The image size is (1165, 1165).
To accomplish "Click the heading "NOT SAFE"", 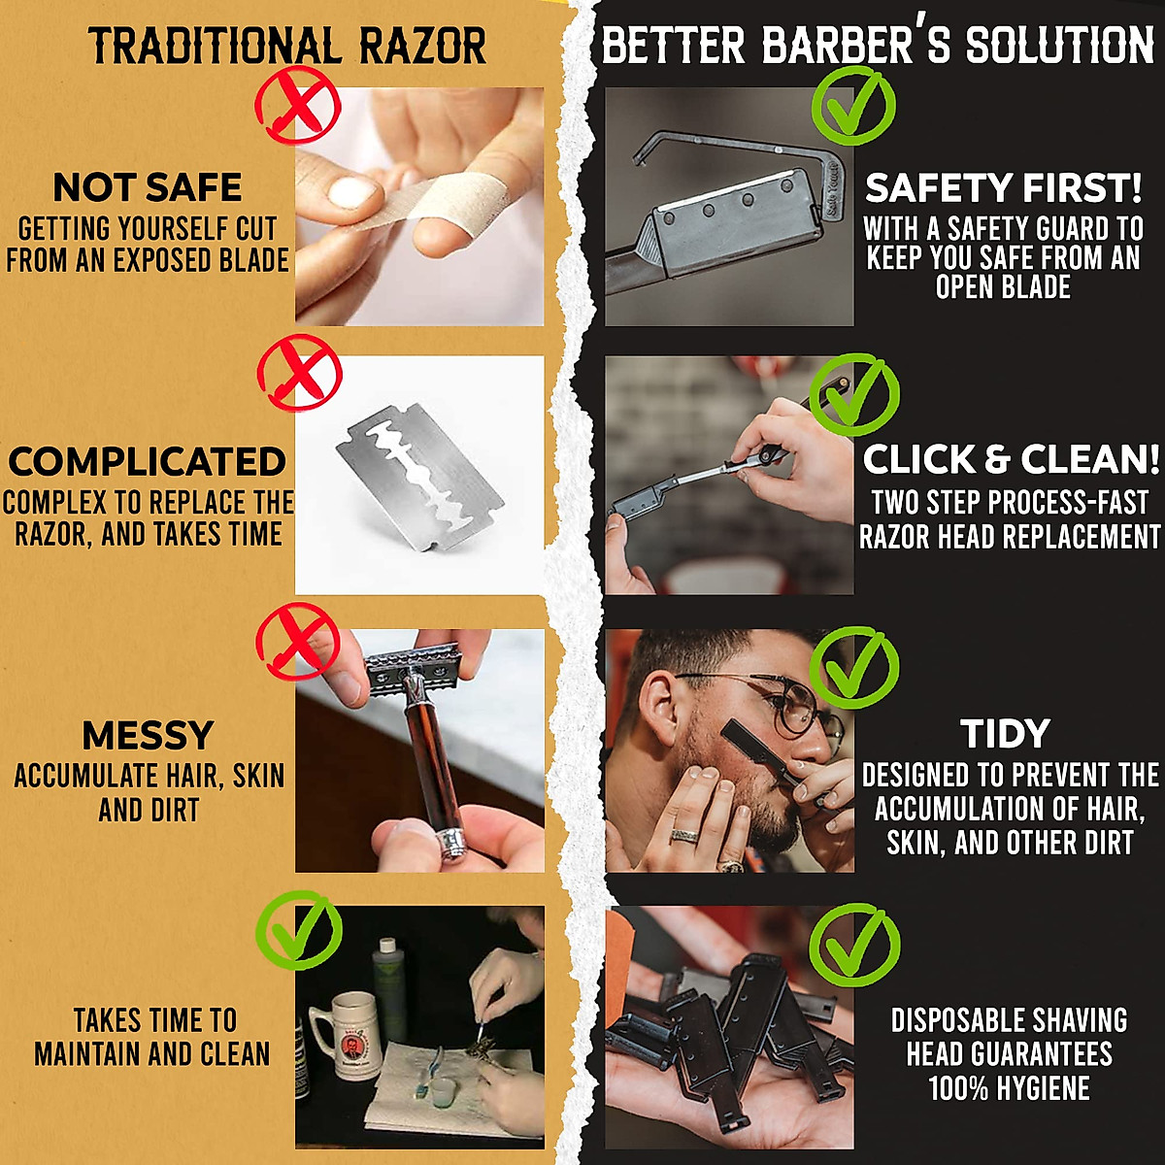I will pos(148,187).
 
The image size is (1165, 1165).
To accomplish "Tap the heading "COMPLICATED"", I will pos(148,461).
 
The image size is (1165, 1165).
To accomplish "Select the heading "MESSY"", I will pos(148,735).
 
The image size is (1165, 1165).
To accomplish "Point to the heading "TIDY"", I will pos(1005,734).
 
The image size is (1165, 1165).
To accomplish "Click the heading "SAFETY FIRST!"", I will pos(1004,187).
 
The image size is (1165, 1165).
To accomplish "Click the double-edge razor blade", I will pos(420,477).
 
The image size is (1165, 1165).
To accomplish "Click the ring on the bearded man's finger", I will pos(685,835).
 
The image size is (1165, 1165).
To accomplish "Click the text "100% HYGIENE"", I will pos(1009,1087).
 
